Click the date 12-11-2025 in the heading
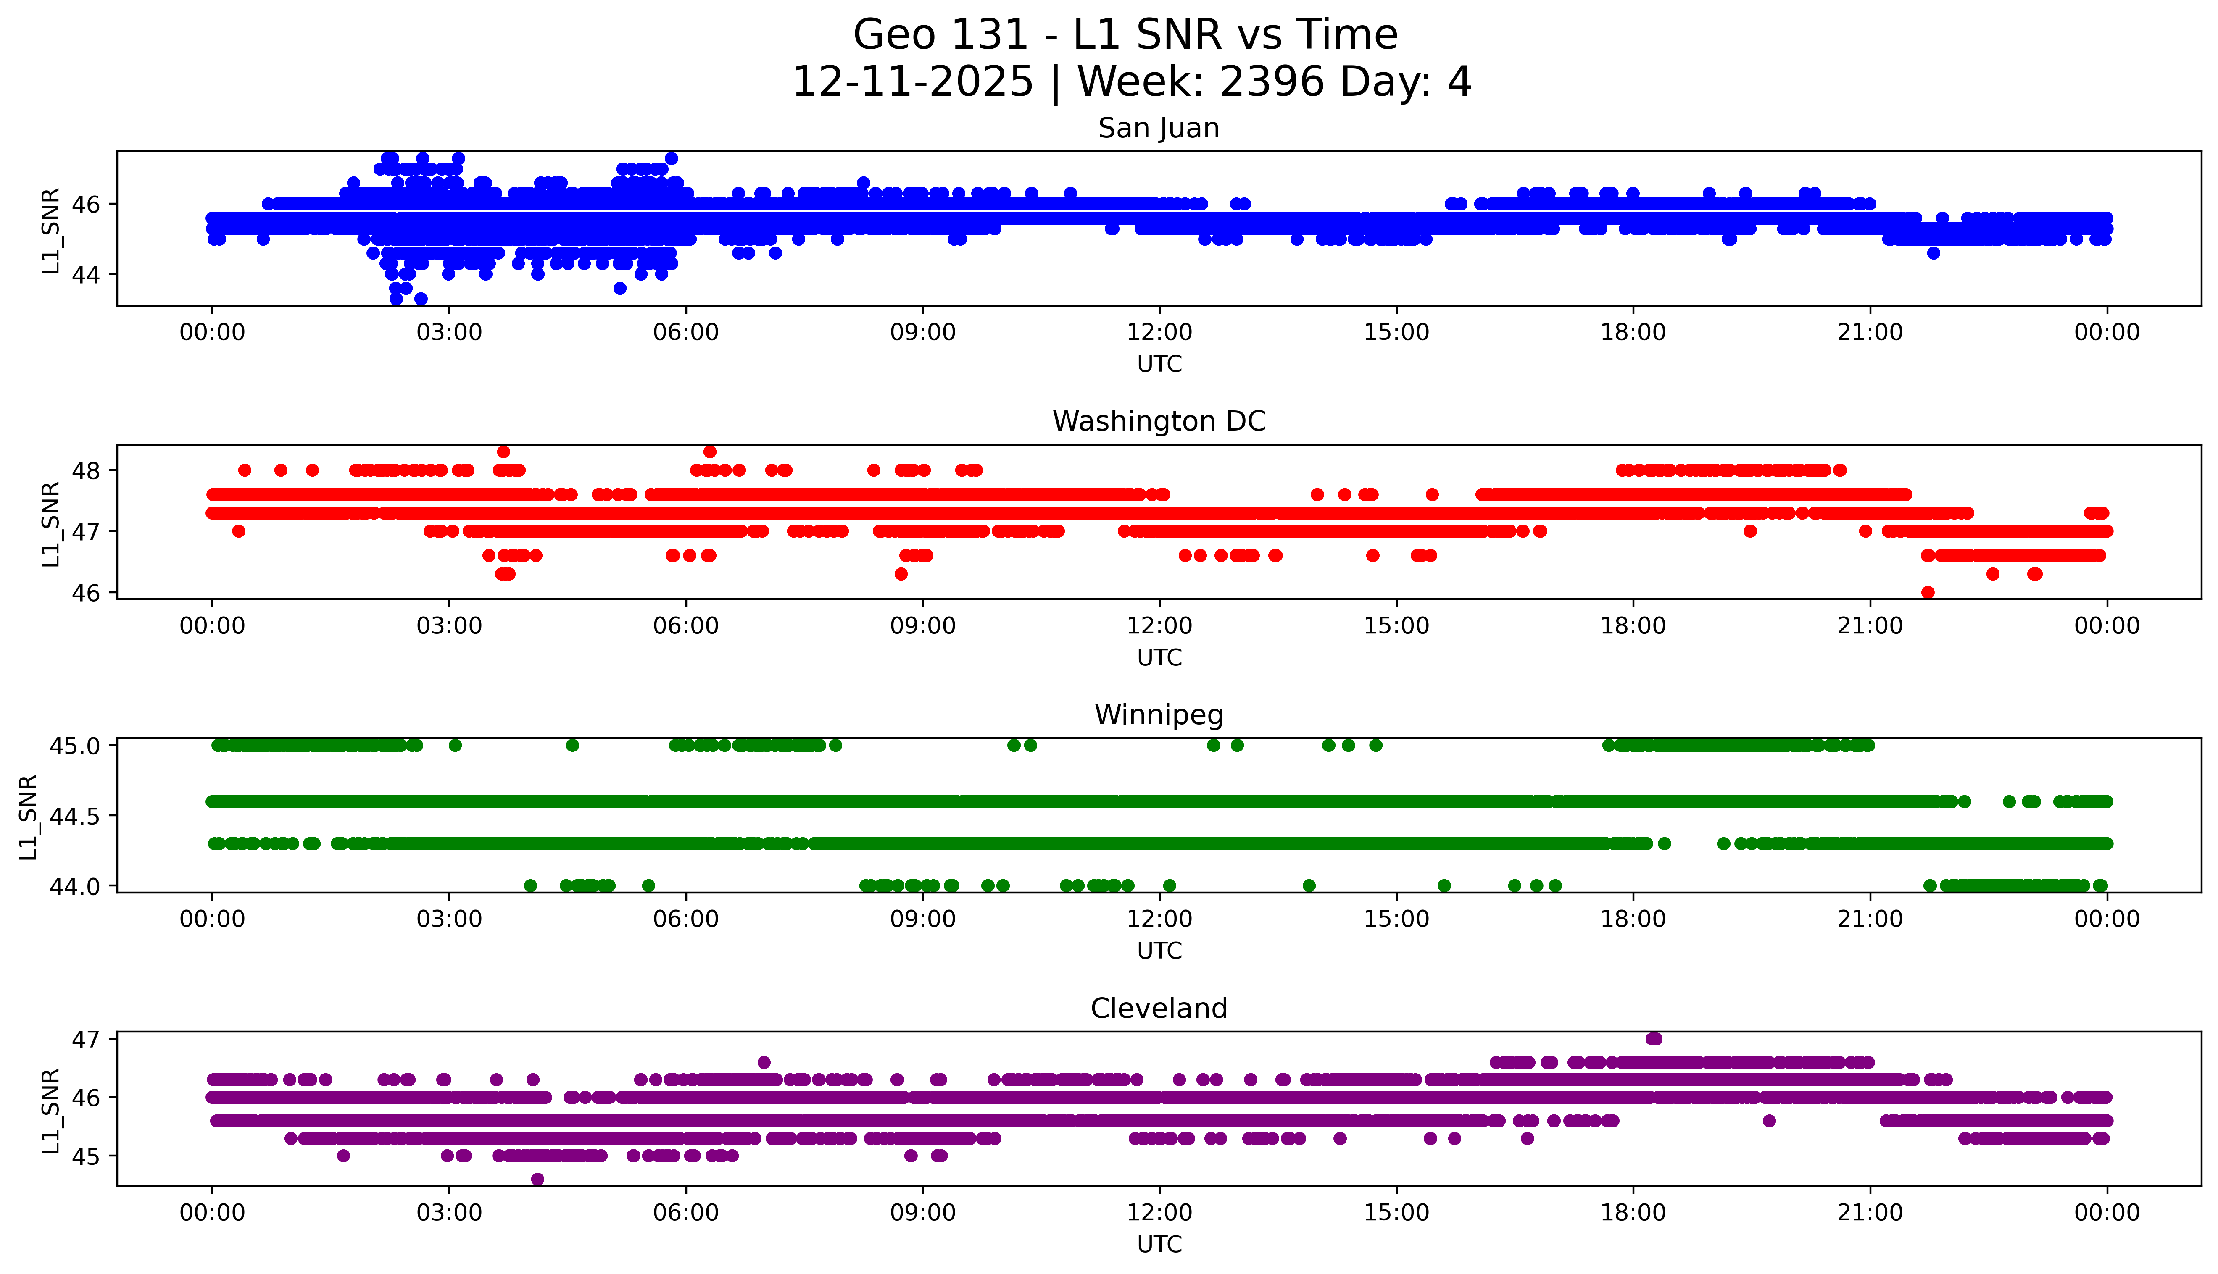[x=912, y=82]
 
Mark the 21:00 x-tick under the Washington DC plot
[x=1870, y=625]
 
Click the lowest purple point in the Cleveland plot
[x=537, y=1179]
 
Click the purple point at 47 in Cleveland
[x=1652, y=1039]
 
